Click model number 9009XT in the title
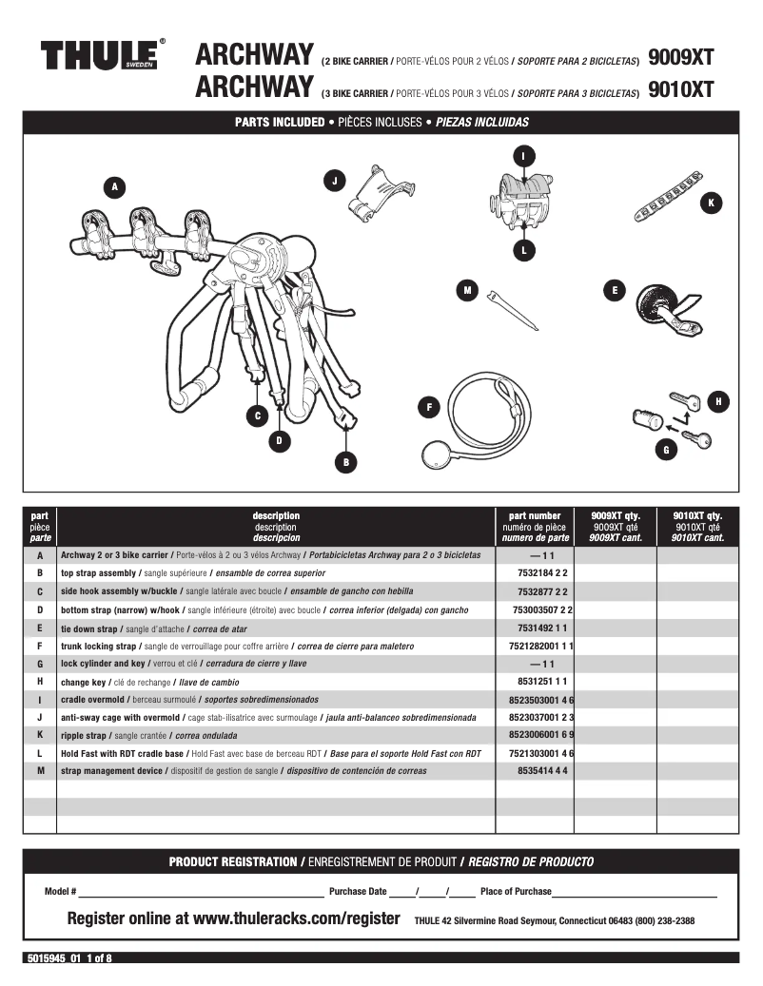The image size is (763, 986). (x=679, y=57)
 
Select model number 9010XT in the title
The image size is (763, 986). (x=679, y=89)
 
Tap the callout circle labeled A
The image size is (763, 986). (x=115, y=187)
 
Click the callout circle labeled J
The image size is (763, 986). (x=335, y=180)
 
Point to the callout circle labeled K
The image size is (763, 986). (x=710, y=203)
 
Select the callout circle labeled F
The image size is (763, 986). (x=429, y=407)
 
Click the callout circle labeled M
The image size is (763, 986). (x=466, y=291)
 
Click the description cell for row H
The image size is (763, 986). (x=276, y=682)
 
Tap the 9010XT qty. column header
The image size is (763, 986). (x=697, y=526)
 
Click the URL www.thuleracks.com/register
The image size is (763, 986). (x=296, y=919)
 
